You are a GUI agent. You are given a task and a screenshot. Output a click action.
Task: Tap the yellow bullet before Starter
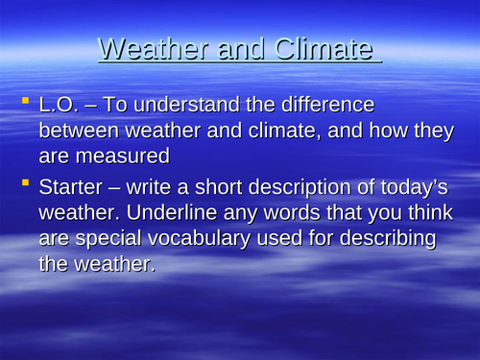coord(26,183)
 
